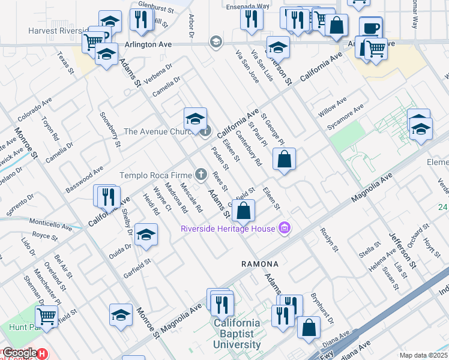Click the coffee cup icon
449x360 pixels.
(x=370, y=28)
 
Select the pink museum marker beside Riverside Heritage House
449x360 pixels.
(x=285, y=228)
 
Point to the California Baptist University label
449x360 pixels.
(x=238, y=334)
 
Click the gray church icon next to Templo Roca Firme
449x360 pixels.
(x=201, y=175)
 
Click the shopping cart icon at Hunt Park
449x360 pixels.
(x=46, y=316)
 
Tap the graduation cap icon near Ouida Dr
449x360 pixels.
(x=145, y=235)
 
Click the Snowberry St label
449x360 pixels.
(x=110, y=130)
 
